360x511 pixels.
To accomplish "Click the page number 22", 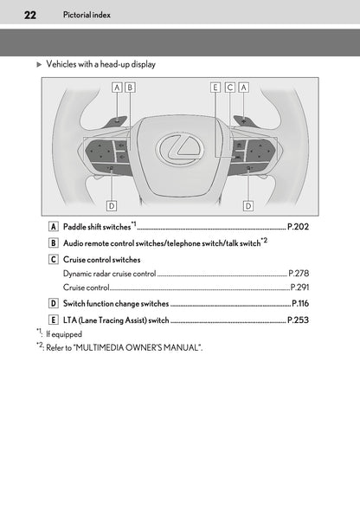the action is (x=18, y=15).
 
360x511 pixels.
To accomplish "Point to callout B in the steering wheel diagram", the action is (x=130, y=87).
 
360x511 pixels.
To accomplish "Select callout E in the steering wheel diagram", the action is (x=215, y=87).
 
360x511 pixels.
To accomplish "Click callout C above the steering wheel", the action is (x=229, y=87).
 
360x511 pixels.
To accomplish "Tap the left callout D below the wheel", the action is (x=112, y=205).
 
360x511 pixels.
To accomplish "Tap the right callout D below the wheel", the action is (x=247, y=205).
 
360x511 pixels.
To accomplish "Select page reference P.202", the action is (x=296, y=227).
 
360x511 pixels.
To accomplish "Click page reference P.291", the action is (x=299, y=287).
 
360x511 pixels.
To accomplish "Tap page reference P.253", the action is (x=298, y=320).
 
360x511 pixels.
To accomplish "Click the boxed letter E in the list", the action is (x=54, y=320).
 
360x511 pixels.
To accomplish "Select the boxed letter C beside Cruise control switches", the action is (x=54, y=259).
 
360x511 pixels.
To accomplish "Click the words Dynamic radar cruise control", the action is (x=109, y=273).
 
